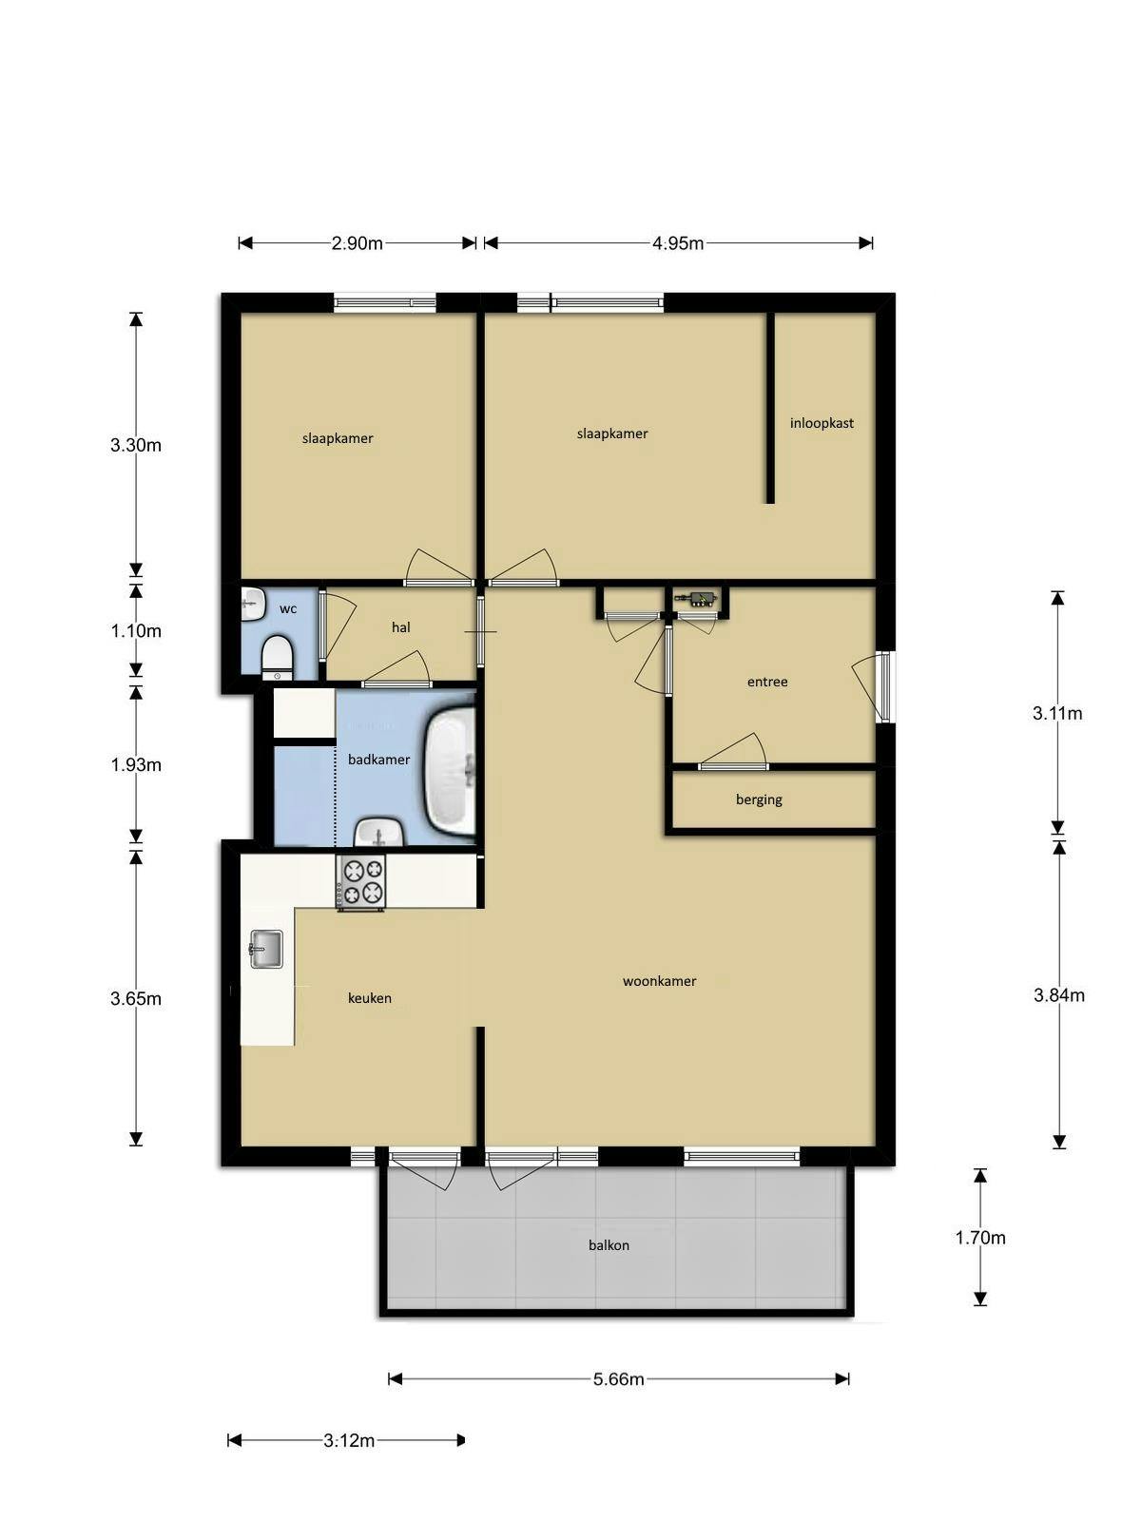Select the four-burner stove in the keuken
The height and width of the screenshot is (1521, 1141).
[x=361, y=882]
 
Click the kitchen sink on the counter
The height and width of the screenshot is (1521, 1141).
[x=265, y=948]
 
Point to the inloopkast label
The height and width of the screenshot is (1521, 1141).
[x=822, y=423]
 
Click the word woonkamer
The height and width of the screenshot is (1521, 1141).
[x=659, y=981]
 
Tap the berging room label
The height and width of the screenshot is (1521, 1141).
[x=759, y=799]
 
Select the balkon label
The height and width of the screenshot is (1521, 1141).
[x=609, y=1245]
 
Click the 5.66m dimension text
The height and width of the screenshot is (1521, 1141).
[x=619, y=1379]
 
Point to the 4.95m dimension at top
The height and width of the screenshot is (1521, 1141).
[x=678, y=243]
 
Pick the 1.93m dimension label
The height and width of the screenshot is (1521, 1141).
[x=136, y=765]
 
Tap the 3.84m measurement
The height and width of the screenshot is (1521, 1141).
[x=1058, y=996]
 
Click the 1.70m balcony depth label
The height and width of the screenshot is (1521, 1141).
[x=980, y=1238]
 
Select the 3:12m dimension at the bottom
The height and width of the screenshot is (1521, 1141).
[x=349, y=1441]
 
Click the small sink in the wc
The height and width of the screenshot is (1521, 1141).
[x=252, y=603]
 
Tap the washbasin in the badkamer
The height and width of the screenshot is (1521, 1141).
[x=380, y=835]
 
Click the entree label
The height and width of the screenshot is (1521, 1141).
[x=767, y=682]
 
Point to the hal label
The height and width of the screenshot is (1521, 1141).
[x=401, y=627]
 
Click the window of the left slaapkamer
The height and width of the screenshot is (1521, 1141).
[x=385, y=303]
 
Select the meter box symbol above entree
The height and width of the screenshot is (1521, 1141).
[x=700, y=598]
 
